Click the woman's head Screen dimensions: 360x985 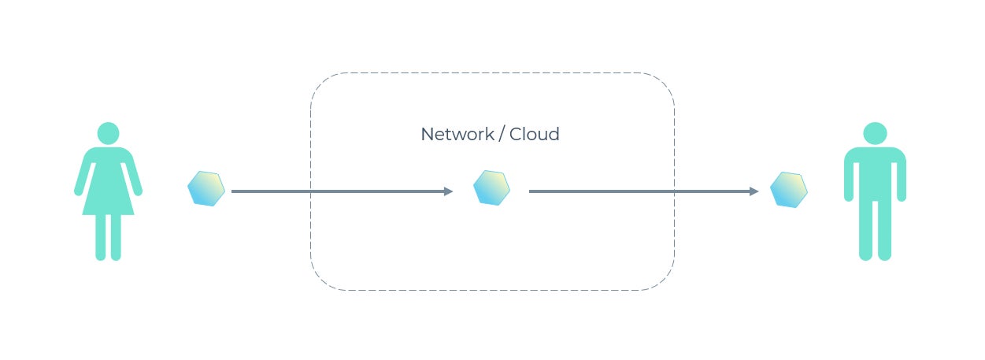[x=108, y=133]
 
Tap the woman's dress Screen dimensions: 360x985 [x=108, y=185]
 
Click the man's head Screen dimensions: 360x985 [x=875, y=133]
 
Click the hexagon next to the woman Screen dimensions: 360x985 [x=206, y=188]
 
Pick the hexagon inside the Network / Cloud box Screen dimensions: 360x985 [x=491, y=187]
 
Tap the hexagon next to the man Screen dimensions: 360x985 [x=788, y=189]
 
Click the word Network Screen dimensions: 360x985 [x=456, y=135]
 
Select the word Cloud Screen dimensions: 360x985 [x=535, y=135]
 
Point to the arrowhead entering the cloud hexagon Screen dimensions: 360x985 [x=449, y=191]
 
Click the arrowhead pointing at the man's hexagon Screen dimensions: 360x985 [x=754, y=191]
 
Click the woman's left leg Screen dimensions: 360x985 [x=116, y=236]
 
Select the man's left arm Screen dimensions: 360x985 [x=901, y=177]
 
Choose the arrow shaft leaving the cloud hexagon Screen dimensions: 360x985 [x=630, y=191]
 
